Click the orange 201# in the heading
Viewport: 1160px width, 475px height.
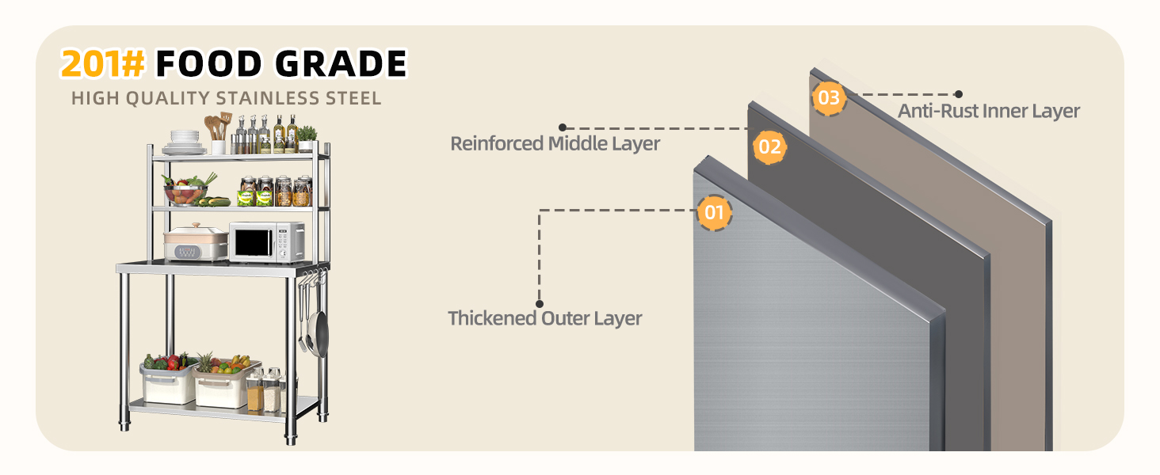tap(102, 63)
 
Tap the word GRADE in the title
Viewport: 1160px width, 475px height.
tap(342, 63)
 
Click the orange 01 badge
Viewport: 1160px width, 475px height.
tap(714, 213)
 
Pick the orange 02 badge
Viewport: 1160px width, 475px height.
tap(769, 147)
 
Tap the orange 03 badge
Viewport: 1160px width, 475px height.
tap(829, 98)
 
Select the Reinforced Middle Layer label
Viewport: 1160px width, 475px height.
tap(555, 144)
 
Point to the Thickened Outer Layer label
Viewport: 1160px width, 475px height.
tap(545, 318)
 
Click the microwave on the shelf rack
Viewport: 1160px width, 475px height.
tap(267, 242)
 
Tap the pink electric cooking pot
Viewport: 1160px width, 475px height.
tap(197, 242)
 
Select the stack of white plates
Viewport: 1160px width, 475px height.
tap(185, 142)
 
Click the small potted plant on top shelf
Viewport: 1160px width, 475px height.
tap(307, 139)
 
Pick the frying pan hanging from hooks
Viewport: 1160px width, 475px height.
tap(321, 331)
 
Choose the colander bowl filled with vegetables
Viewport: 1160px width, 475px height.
tap(185, 191)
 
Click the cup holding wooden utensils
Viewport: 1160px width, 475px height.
tap(219, 147)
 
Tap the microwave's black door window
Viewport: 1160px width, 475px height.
tap(254, 242)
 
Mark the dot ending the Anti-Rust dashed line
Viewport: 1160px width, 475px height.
tap(959, 94)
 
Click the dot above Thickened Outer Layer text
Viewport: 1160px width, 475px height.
tap(540, 304)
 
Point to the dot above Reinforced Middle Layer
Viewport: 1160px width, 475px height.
tap(563, 127)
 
